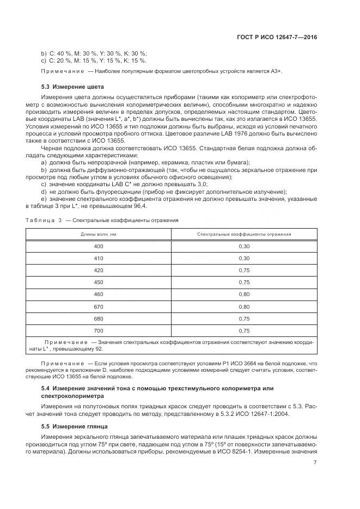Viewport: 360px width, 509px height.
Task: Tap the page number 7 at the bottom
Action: click(x=315, y=463)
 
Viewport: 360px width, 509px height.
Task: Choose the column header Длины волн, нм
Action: click(x=99, y=234)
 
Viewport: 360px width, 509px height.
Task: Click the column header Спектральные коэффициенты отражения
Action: click(x=243, y=234)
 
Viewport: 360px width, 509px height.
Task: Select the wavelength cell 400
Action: click(x=99, y=246)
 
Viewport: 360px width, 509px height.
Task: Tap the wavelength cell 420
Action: click(x=99, y=270)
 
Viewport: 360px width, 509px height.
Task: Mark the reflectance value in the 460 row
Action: click(x=243, y=294)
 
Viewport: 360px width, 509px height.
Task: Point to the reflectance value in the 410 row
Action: click(x=243, y=258)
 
